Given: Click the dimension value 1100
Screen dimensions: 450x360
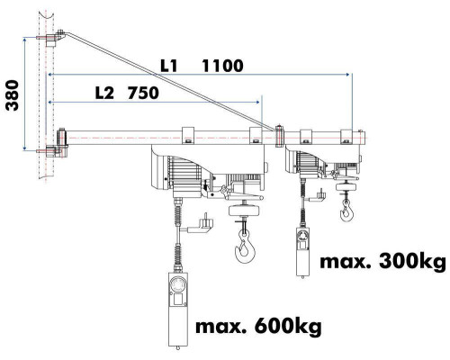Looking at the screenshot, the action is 222,66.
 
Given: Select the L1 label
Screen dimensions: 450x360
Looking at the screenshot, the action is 169,66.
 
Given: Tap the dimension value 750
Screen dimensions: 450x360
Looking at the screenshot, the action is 143,93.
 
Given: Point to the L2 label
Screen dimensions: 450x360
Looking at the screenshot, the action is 104,93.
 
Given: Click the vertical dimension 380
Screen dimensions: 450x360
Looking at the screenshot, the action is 13,95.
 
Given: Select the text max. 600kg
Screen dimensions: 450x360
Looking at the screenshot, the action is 258,327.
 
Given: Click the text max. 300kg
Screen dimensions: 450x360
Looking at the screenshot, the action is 382,262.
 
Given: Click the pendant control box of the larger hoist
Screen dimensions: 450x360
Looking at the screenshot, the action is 178,309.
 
